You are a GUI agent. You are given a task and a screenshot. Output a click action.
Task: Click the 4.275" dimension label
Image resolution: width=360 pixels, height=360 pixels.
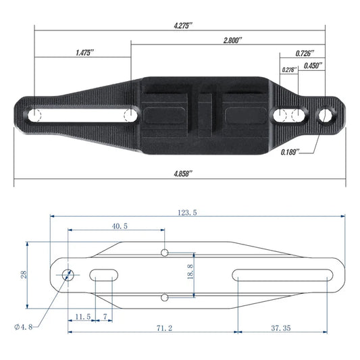(x=183, y=26)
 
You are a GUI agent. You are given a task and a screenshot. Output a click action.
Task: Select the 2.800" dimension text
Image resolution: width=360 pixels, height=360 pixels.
(x=232, y=41)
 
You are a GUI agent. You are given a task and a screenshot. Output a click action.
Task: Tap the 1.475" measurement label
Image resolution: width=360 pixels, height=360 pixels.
(x=84, y=53)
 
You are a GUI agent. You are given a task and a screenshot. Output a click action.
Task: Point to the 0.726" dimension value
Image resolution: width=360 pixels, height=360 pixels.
(x=305, y=53)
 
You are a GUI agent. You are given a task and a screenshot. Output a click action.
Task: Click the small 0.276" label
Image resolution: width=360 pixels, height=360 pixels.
(x=289, y=70)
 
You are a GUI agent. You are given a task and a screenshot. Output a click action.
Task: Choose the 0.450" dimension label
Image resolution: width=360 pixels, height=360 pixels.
(x=313, y=66)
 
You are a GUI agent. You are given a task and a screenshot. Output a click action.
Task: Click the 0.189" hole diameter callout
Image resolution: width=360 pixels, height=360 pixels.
(x=290, y=152)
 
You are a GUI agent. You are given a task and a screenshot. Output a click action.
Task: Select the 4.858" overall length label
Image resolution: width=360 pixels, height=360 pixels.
(x=183, y=174)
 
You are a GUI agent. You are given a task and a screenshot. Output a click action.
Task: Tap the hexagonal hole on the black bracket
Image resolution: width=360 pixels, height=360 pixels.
(x=325, y=115)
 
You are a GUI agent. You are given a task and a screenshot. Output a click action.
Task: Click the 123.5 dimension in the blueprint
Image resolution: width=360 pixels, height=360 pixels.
(x=187, y=213)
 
